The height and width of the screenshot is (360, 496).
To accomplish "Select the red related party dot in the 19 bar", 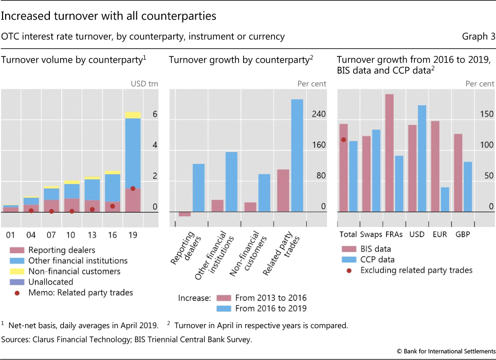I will tap(133, 188).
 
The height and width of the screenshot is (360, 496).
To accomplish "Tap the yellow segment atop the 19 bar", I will tap(133, 115).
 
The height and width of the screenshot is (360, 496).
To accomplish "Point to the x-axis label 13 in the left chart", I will tap(92, 235).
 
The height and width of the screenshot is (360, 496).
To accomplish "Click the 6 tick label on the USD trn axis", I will tap(155, 115).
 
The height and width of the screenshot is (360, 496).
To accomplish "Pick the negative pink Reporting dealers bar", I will tap(185, 214).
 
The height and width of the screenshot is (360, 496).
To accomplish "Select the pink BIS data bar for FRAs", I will tap(389, 153).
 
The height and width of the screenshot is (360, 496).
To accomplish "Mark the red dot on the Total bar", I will tap(343, 139).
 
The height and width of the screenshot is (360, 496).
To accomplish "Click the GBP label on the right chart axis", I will tap(462, 234).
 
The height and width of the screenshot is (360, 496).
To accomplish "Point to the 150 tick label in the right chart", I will tap(487, 114).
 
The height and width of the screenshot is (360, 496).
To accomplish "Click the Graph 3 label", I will tap(479, 37).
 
